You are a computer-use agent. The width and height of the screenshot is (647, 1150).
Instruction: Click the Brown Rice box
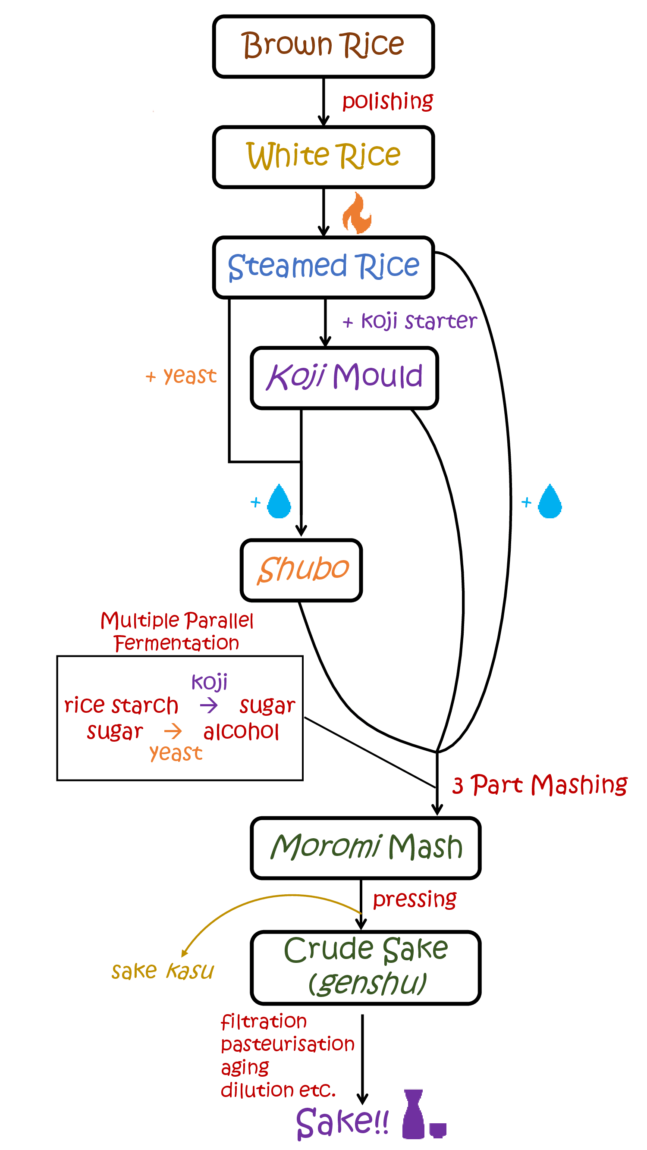(323, 47)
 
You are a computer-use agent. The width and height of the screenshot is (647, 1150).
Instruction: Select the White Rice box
(323, 157)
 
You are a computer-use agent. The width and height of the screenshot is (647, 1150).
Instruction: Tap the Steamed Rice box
(323, 267)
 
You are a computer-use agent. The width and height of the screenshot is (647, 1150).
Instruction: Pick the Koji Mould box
(344, 377)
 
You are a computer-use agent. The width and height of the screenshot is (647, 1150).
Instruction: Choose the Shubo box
(302, 570)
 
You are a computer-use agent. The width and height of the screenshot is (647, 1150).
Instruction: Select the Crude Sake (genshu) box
(365, 967)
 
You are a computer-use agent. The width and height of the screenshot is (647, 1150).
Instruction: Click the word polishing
(387, 101)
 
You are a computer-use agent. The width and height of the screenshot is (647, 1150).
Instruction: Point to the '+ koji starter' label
(409, 321)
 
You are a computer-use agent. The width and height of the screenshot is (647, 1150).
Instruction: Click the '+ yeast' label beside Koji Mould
(181, 376)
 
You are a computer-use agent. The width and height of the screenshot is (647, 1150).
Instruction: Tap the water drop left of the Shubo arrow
(279, 502)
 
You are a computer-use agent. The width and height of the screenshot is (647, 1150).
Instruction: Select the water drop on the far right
(550, 502)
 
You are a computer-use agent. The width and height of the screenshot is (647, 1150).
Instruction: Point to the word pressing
(415, 899)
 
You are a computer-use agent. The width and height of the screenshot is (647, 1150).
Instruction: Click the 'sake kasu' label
(163, 971)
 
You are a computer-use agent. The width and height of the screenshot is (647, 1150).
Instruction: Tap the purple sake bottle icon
(414, 1114)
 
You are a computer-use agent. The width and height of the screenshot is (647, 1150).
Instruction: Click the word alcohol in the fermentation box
(241, 732)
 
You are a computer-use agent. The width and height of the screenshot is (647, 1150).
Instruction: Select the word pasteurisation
(288, 1045)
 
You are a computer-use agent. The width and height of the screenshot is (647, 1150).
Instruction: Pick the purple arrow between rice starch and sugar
(208, 706)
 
